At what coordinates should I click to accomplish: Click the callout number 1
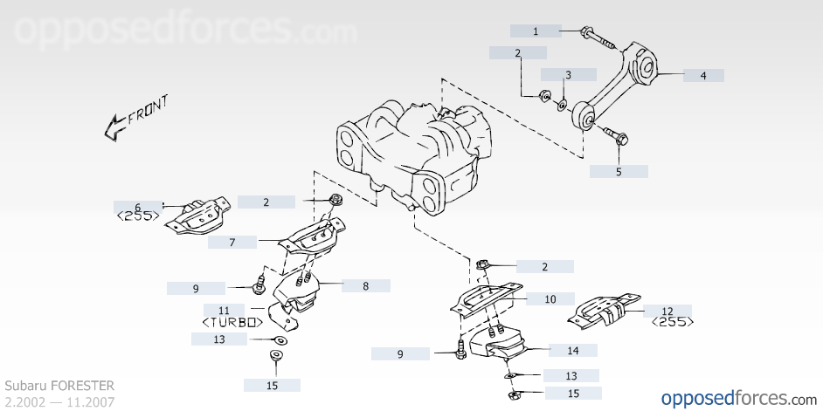[536, 31]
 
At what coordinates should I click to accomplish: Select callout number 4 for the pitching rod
[702, 76]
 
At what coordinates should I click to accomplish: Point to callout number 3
[568, 75]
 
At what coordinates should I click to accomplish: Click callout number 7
[232, 243]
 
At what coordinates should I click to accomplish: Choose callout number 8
[365, 285]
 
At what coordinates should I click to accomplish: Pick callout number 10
[550, 299]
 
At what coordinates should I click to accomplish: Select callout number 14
[573, 351]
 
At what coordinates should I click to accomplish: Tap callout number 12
[667, 311]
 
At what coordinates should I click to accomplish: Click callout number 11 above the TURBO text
[225, 310]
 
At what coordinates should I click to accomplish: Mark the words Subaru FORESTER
[59, 386]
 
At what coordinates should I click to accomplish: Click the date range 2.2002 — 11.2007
[59, 401]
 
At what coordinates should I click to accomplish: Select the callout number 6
[138, 207]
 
